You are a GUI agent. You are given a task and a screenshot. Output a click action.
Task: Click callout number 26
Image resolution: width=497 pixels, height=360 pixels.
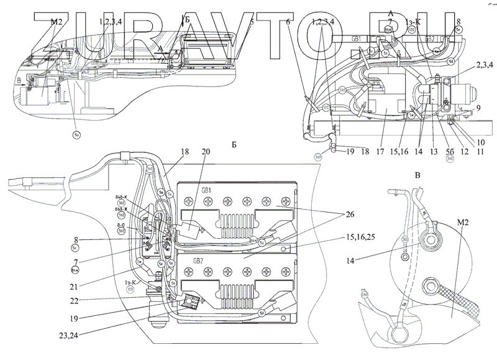tap(350, 215)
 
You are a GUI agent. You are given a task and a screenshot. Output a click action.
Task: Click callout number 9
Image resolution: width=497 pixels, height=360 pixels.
tap(478, 108)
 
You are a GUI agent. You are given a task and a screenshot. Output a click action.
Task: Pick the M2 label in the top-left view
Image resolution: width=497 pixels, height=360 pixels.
tap(57, 22)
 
